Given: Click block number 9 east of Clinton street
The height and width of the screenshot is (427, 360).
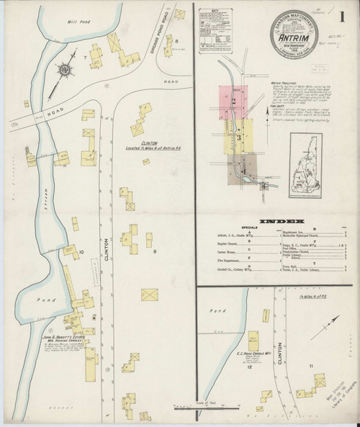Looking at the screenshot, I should pyautogui.click(x=155, y=251).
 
